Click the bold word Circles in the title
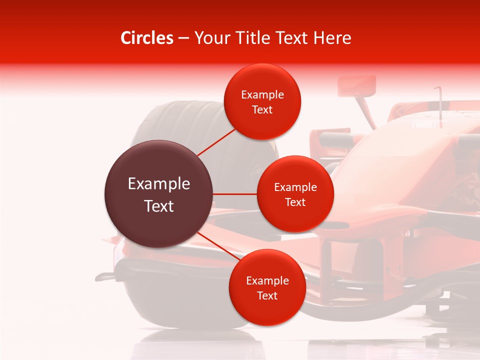(x=147, y=38)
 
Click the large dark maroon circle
(x=159, y=194)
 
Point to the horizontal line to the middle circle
(x=235, y=194)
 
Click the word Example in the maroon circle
(x=159, y=184)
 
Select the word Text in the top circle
(x=262, y=110)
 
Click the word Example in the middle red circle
(x=295, y=187)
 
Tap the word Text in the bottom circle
(x=267, y=295)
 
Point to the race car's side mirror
(x=356, y=86)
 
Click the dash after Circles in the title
(x=183, y=38)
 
